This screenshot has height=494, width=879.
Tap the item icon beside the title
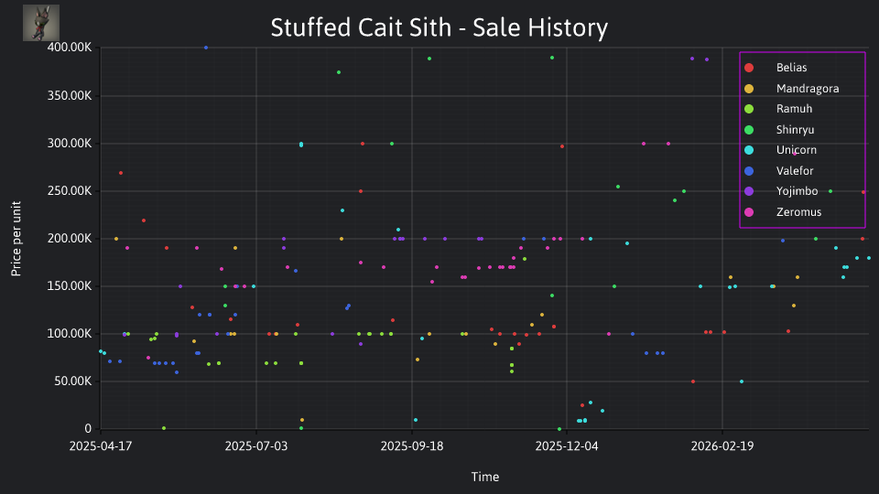click(x=41, y=23)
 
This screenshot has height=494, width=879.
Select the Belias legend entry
click(x=778, y=68)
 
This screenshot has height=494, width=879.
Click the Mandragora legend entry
click(x=791, y=89)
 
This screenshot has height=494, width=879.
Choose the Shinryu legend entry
click(x=779, y=130)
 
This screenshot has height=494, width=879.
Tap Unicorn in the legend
click(x=780, y=150)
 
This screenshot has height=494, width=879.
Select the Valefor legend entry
click(x=778, y=171)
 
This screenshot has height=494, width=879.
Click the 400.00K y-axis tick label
click(x=70, y=48)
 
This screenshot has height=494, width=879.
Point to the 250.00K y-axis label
click(x=70, y=191)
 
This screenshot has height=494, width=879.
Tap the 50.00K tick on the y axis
click(x=72, y=381)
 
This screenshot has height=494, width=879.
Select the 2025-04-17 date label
click(x=101, y=446)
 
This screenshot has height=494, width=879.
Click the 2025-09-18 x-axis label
click(x=412, y=446)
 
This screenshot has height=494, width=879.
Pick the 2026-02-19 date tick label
click(x=722, y=446)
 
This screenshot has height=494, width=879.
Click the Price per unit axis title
click(x=16, y=239)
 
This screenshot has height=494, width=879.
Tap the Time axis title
click(x=485, y=478)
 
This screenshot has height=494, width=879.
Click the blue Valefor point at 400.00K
click(x=206, y=48)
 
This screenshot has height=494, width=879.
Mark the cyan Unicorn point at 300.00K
click(x=301, y=145)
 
